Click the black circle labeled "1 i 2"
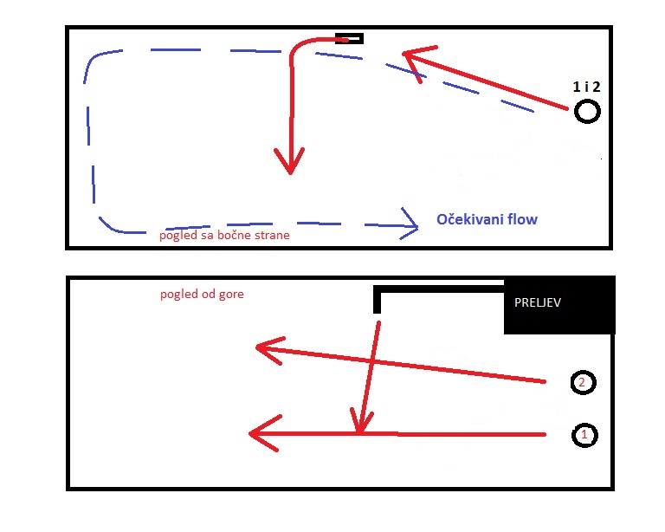587,102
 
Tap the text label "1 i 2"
586,87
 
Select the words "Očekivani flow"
487,219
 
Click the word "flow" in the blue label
522,219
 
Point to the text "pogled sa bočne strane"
224,235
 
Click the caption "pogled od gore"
202,294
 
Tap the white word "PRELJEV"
538,302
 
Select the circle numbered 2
583,372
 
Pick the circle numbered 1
584,425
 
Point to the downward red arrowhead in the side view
290,162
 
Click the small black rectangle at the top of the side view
349,39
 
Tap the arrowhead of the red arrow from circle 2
268,349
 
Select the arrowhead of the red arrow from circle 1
262,433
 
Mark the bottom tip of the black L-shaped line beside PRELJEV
377,313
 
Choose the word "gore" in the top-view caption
231,295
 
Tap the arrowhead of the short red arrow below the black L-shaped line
360,422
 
